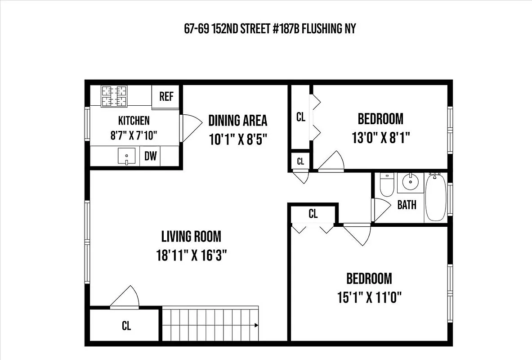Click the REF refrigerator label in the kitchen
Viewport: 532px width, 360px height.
click(166, 97)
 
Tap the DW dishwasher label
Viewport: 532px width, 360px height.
click(151, 156)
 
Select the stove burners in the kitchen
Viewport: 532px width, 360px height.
click(114, 96)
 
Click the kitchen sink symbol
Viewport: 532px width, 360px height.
click(126, 157)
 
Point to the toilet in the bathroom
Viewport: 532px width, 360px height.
click(387, 186)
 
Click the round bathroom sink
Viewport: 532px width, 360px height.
click(410, 182)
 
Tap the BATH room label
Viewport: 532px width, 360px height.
click(407, 205)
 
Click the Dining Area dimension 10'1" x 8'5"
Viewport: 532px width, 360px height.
click(238, 139)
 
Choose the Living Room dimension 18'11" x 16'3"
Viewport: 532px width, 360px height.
click(191, 256)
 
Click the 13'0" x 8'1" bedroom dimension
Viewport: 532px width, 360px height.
click(380, 137)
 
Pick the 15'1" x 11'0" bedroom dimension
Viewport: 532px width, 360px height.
click(369, 297)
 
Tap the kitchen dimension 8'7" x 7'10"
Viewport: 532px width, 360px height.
click(134, 135)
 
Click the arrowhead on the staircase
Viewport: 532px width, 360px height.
click(256, 325)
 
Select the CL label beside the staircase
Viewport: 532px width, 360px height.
click(126, 326)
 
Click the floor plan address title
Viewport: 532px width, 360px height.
click(270, 29)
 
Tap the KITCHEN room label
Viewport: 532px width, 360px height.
click(134, 121)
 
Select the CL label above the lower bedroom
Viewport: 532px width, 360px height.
click(313, 214)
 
